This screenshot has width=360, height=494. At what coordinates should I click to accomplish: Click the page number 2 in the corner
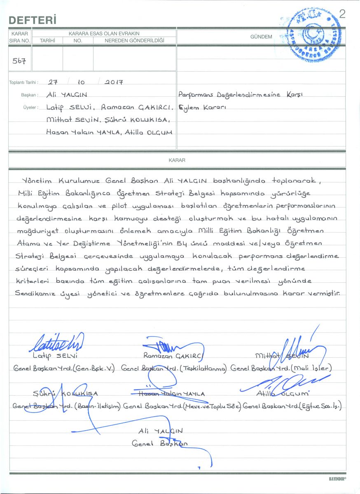pyautogui.click(x=342, y=14)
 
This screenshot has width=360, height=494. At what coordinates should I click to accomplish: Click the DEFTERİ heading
pyautogui.click(x=32, y=20)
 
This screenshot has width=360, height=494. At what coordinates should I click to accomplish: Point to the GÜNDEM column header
pyautogui.click(x=261, y=37)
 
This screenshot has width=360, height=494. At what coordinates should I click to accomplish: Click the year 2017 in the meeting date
pyautogui.click(x=114, y=82)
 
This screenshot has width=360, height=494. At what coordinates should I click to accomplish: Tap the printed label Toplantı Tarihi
pyautogui.click(x=24, y=82)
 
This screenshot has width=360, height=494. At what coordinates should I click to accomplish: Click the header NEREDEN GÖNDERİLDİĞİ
pyautogui.click(x=134, y=40)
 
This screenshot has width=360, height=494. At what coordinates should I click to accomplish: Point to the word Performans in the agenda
pyautogui.click(x=198, y=95)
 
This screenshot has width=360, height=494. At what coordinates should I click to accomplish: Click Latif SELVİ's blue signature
pyautogui.click(x=58, y=343)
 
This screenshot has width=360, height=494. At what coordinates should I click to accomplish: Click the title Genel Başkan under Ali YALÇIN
pyautogui.click(x=159, y=444)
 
